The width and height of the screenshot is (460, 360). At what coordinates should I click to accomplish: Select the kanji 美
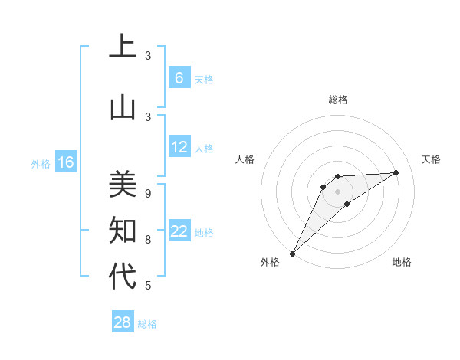(123, 185)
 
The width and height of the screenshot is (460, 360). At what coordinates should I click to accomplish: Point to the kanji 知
(123, 229)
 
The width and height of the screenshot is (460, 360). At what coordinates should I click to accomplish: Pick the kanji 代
(123, 275)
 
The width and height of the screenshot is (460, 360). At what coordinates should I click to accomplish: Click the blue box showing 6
(179, 77)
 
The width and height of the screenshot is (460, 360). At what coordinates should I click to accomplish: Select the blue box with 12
(179, 147)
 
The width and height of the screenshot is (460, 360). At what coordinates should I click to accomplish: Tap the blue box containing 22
(179, 231)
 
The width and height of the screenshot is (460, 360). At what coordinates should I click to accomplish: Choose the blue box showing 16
(65, 162)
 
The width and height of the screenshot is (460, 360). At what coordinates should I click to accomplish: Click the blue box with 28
(122, 322)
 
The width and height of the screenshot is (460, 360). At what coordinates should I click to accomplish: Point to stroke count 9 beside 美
(148, 193)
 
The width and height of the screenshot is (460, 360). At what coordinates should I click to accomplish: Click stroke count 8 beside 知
(148, 239)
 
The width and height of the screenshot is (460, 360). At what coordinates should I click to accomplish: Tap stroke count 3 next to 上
(148, 55)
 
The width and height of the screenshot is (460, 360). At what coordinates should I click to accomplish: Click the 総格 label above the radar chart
(337, 100)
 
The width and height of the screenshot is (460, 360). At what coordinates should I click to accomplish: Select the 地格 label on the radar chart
(402, 262)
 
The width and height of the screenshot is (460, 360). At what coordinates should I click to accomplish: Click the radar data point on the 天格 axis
(396, 172)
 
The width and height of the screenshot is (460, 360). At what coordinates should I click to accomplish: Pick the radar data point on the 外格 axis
(292, 253)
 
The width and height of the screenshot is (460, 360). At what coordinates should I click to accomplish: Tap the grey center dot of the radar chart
(337, 191)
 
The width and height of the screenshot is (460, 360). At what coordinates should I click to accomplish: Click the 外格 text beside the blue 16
(41, 163)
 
